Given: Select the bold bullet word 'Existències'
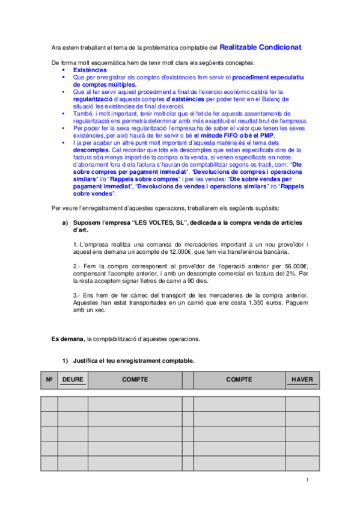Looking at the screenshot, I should pyautogui.click(x=90, y=70).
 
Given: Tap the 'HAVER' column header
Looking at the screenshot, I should pyautogui.click(x=302, y=380).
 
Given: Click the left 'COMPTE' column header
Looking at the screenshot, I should pyautogui.click(x=135, y=380).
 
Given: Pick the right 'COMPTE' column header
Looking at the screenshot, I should pyautogui.click(x=239, y=380).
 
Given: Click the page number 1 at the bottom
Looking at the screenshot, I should pyautogui.click(x=307, y=479).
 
